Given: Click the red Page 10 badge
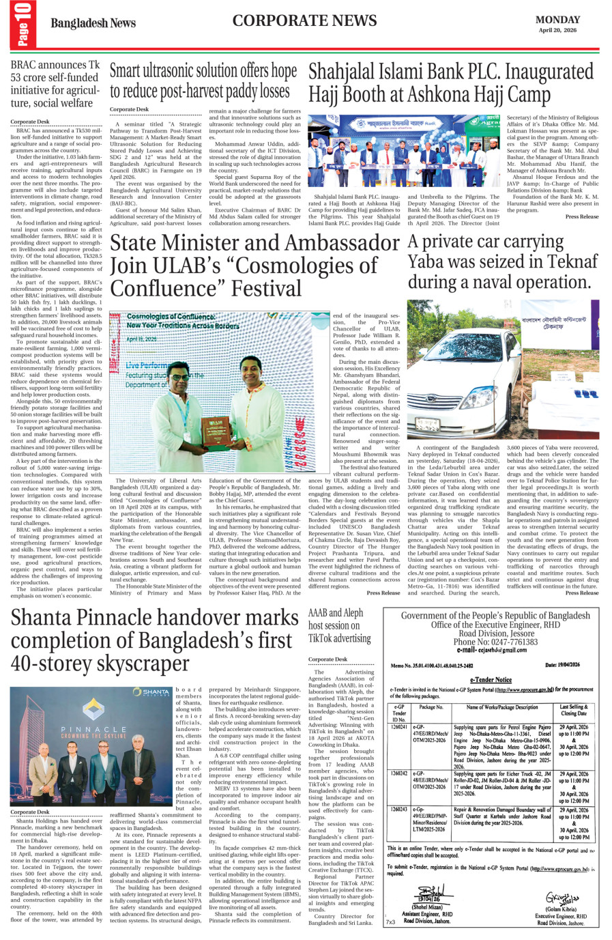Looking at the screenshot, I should point(23,25).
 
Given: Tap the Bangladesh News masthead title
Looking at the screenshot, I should point(93,23).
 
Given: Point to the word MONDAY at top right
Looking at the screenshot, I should point(557,20).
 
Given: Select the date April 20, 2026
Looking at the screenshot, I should point(557,30).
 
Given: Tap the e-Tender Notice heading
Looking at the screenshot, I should point(491,680).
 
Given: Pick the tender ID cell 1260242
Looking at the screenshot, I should point(399,773).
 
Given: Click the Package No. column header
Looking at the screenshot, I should point(431,707).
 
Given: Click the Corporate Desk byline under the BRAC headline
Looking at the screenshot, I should point(29,122).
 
